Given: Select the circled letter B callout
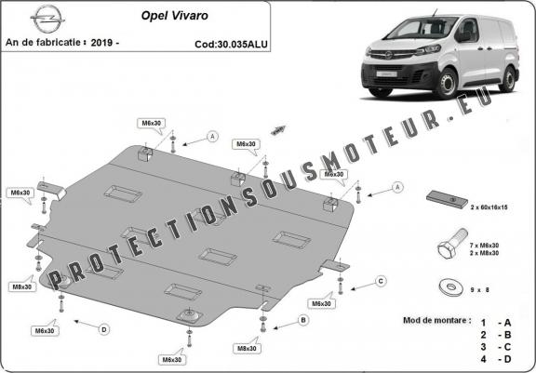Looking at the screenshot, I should (302, 320).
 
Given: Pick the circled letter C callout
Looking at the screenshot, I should (381, 280).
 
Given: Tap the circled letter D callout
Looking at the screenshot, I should (104, 326).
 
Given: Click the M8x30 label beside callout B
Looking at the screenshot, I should (246, 348).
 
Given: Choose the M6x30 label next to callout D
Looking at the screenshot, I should (44, 330).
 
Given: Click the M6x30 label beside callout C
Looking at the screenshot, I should (321, 303).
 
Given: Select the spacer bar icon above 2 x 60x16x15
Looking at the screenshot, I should (444, 199).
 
